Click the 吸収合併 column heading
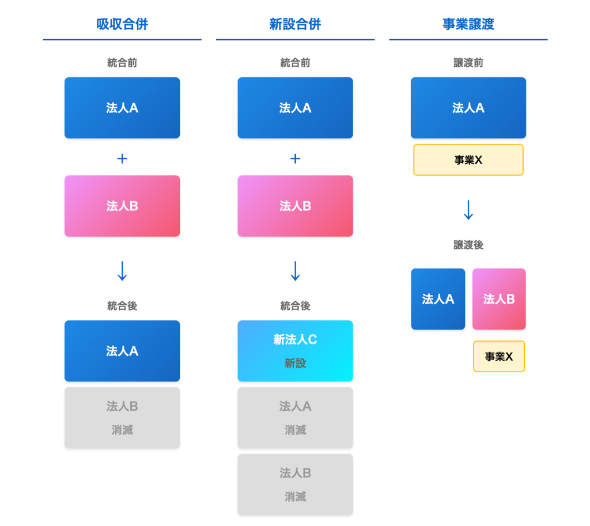[122, 24]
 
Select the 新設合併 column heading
[295, 24]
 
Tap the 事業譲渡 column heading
[468, 24]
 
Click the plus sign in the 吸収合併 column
[122, 158]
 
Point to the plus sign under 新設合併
[295, 158]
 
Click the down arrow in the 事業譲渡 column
[468, 210]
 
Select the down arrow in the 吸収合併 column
[122, 271]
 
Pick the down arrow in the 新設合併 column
[295, 271]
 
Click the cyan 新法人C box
[295, 351]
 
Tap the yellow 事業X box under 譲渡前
[468, 160]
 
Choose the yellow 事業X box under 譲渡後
[499, 357]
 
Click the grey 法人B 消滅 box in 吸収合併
[122, 418]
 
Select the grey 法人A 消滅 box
[295, 418]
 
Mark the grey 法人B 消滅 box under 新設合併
[295, 485]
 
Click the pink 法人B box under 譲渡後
[499, 299]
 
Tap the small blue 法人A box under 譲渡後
[438, 299]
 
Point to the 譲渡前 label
[468, 63]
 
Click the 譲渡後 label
[468, 245]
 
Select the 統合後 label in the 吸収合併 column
[122, 306]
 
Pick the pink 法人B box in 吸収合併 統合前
[122, 206]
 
